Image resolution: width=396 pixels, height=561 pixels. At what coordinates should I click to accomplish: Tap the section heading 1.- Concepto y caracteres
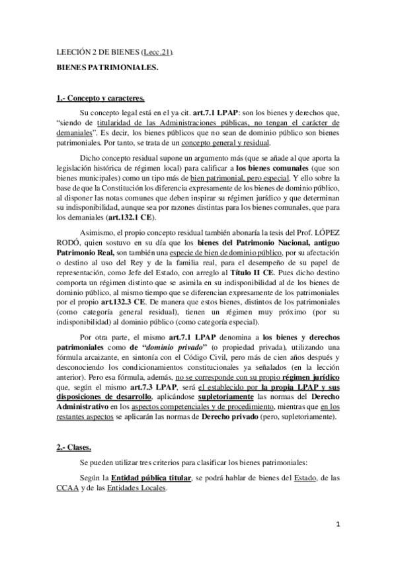click(96, 99)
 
